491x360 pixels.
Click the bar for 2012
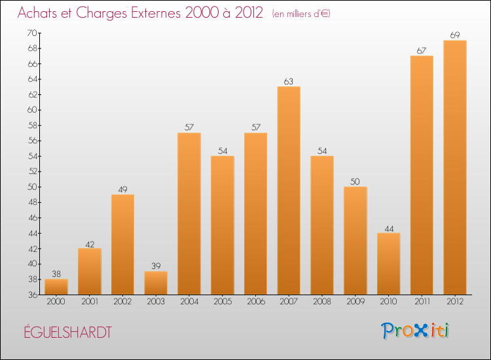(x=455, y=168)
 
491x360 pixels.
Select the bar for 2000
(x=56, y=287)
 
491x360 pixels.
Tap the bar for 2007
(x=289, y=190)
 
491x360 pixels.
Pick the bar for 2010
(x=388, y=264)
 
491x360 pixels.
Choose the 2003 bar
(x=156, y=283)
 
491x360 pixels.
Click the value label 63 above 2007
(x=289, y=81)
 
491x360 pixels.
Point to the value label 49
(x=122, y=189)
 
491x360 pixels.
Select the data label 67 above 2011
(x=422, y=50)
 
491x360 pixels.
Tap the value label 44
(x=388, y=228)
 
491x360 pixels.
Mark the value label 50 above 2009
(x=355, y=181)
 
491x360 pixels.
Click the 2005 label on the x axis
(x=223, y=302)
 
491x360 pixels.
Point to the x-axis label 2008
(x=322, y=302)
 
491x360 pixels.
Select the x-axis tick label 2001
(x=90, y=302)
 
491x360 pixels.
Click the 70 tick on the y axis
(x=31, y=33)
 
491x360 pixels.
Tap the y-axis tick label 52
(x=31, y=171)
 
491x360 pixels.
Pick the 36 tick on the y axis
(x=31, y=295)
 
